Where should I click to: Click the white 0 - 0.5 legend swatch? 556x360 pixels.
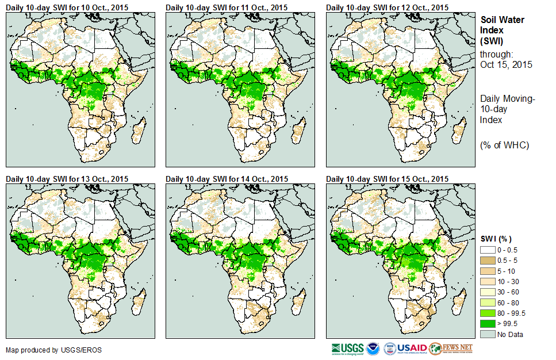488,250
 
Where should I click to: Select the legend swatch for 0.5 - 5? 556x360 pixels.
488,261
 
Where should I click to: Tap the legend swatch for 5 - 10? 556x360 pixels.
488,271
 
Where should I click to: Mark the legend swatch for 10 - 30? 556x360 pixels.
488,282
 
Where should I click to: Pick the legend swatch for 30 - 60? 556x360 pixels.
488,292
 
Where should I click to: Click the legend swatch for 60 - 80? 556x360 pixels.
488,302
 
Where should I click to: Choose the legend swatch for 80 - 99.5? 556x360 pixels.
488,313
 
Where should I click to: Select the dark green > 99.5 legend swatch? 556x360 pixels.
488,324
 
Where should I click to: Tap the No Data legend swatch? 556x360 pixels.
488,334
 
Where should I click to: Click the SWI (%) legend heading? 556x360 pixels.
496,239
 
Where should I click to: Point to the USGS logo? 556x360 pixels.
347,348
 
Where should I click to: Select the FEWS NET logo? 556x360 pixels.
451,348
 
